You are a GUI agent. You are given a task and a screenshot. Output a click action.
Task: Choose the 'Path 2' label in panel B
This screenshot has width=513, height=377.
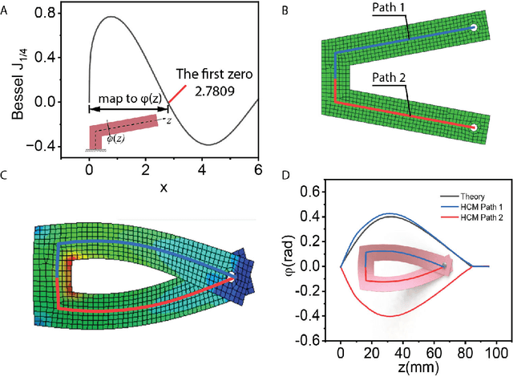point(394,80)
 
